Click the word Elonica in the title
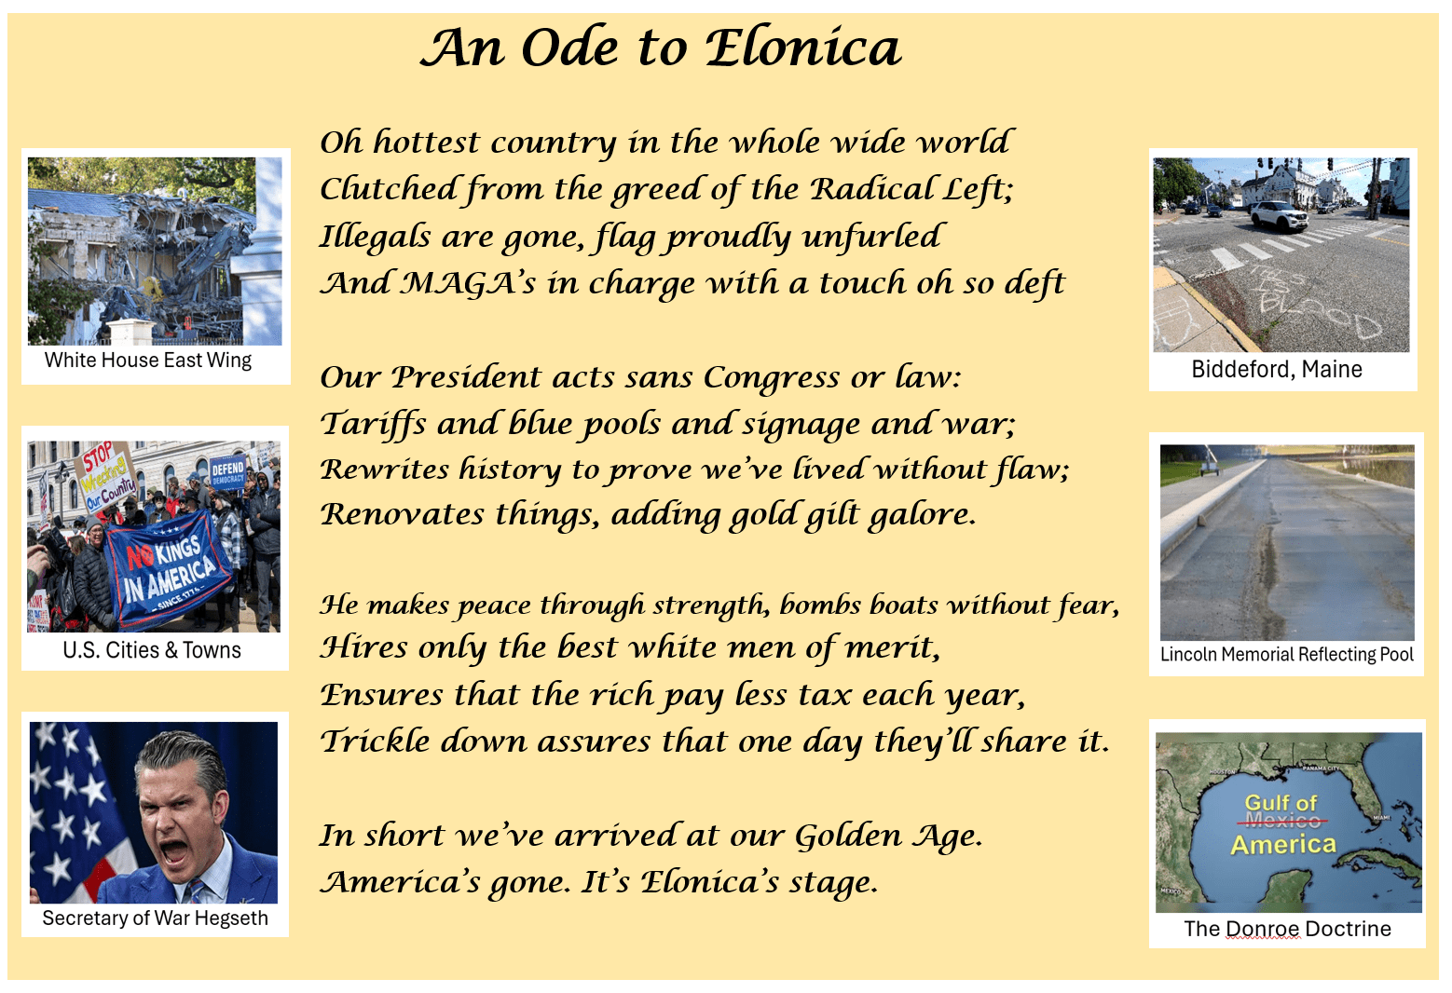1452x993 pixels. tap(802, 48)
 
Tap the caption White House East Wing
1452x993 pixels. tap(148, 360)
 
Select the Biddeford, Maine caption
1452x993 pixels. tap(1277, 369)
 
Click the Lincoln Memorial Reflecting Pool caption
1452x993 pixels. tap(1286, 654)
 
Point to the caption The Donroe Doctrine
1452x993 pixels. tap(1287, 929)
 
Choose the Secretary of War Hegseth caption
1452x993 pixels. tap(155, 918)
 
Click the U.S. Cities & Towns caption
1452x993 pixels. tap(152, 650)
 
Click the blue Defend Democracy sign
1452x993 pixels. tap(227, 472)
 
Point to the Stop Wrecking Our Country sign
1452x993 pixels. tap(106, 476)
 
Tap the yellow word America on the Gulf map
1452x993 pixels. tap(1283, 845)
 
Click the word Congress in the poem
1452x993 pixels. tap(772, 377)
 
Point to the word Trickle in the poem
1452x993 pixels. tap(376, 741)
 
